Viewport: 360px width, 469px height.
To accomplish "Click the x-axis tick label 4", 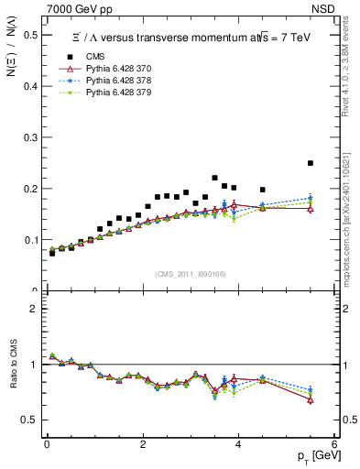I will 238,445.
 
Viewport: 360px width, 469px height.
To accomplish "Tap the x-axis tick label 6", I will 333,445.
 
